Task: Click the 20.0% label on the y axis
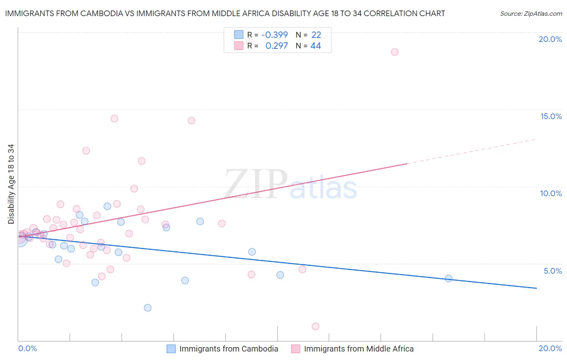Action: click(550, 39)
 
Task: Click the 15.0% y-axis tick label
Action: click(551, 116)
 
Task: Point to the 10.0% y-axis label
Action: click(551, 193)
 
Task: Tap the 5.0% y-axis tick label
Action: click(552, 271)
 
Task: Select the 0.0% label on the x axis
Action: click(27, 348)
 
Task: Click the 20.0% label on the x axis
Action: click(550, 348)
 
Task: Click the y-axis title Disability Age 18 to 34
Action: click(11, 184)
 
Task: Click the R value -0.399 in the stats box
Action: click(275, 35)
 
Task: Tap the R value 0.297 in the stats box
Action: click(277, 46)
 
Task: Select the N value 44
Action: click(316, 46)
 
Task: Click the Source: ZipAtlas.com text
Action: click(531, 14)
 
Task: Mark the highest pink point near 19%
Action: click(394, 52)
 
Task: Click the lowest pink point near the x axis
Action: click(315, 327)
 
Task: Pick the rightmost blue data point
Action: click(448, 278)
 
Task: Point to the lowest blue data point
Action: click(148, 308)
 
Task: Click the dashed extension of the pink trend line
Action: click(472, 151)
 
